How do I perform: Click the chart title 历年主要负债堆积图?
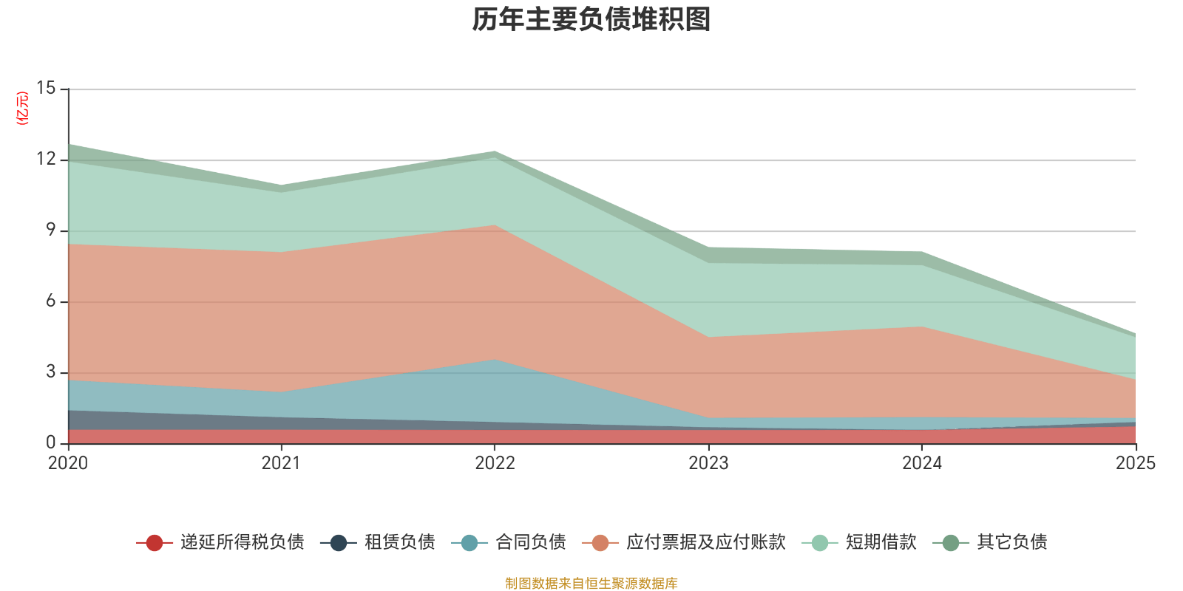(x=591, y=20)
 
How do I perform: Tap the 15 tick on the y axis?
(x=46, y=89)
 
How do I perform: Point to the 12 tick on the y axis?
(x=46, y=160)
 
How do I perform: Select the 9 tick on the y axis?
(x=50, y=230)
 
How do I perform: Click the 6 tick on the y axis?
(x=50, y=301)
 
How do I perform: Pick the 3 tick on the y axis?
(x=50, y=372)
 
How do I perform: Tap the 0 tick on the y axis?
(x=50, y=443)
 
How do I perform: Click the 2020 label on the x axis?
(x=68, y=463)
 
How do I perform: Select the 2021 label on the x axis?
(x=281, y=463)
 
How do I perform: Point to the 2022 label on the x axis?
(x=495, y=463)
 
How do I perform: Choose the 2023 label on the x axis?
(x=708, y=463)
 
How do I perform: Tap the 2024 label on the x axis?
(x=921, y=463)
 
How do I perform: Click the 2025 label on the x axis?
(x=1135, y=463)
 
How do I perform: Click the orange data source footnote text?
(x=591, y=584)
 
